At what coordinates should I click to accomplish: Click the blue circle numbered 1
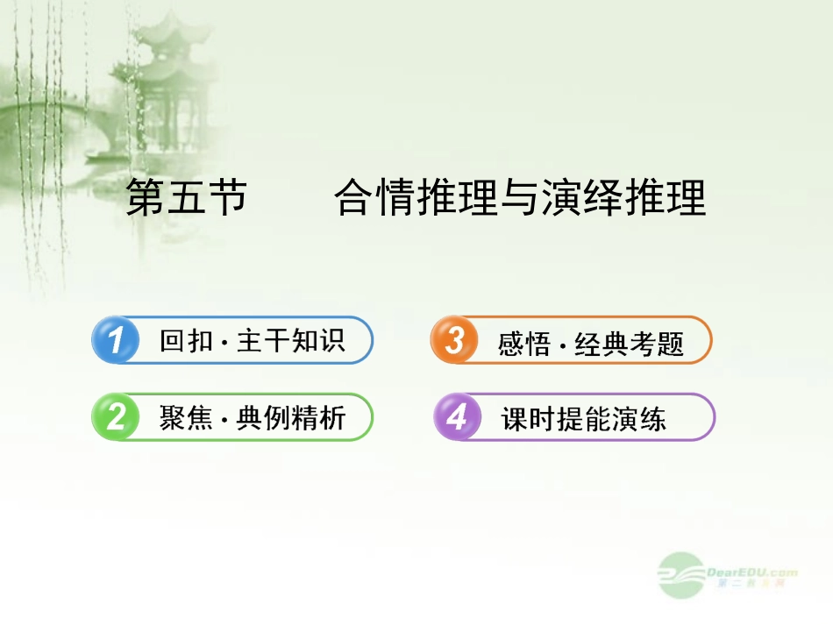click(x=115, y=340)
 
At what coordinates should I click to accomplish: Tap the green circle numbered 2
click(x=115, y=417)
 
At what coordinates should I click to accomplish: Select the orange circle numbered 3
click(x=453, y=340)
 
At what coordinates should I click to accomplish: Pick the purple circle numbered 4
click(x=457, y=417)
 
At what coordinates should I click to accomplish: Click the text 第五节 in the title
click(x=186, y=199)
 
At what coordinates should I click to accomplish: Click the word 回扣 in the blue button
click(x=186, y=341)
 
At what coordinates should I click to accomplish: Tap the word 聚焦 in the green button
click(x=186, y=418)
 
